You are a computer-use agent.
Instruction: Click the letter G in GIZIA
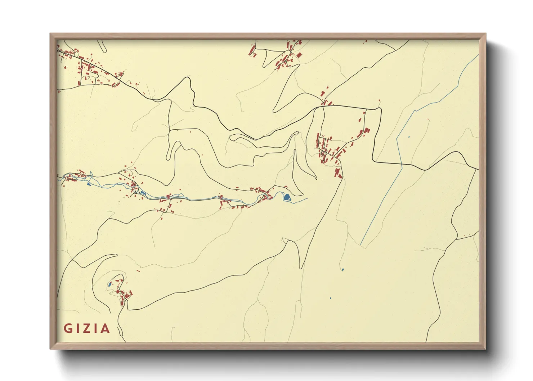(x=68, y=328)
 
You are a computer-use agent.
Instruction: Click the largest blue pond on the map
(x=287, y=197)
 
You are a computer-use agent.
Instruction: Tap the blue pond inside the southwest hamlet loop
(x=109, y=286)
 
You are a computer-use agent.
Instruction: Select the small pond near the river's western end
(x=89, y=184)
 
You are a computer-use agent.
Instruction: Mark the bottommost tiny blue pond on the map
(x=330, y=298)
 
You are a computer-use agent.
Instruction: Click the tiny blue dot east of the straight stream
(x=409, y=137)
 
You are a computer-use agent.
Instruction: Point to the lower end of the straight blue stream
(x=361, y=245)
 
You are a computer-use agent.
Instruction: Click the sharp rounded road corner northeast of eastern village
(x=379, y=108)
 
